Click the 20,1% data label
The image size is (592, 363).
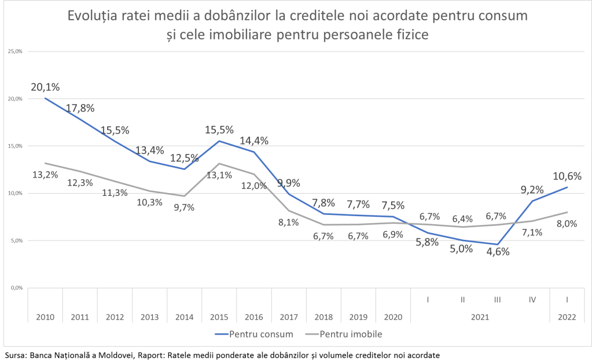[x=45, y=87]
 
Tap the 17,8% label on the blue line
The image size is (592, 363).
[x=80, y=108]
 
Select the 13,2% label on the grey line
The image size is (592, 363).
[x=45, y=175]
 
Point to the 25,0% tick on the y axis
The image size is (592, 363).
[x=14, y=51]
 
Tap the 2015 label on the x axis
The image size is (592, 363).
[x=219, y=317]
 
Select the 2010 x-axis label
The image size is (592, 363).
[x=45, y=317]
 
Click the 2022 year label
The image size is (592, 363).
[x=567, y=317]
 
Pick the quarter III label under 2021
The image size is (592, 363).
[x=497, y=300]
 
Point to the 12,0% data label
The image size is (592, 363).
[x=255, y=186]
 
